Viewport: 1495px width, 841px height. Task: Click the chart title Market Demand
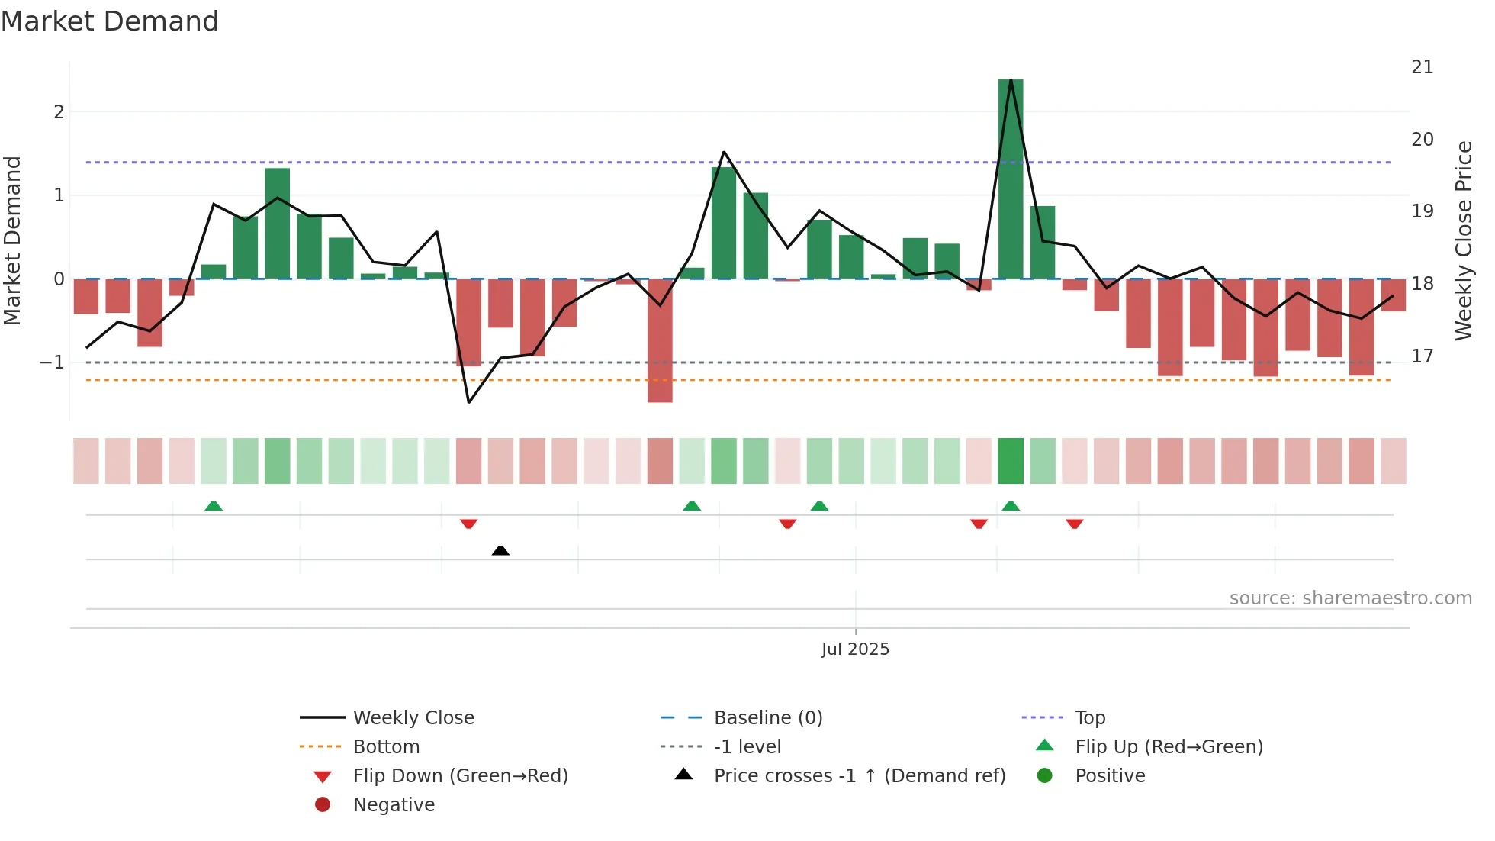tap(110, 21)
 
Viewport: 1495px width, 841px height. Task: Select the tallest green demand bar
tap(1011, 179)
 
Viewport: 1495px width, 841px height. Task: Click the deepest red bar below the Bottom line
tap(660, 340)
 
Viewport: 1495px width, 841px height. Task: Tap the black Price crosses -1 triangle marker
tap(500, 550)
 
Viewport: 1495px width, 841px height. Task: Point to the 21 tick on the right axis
tap(1422, 67)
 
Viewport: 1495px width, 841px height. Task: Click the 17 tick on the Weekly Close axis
tap(1422, 356)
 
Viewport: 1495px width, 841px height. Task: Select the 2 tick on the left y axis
tap(59, 112)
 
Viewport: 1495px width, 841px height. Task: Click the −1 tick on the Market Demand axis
tap(53, 362)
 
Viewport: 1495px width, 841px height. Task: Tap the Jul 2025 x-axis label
tap(855, 649)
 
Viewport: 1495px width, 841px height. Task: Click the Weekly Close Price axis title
tap(1463, 240)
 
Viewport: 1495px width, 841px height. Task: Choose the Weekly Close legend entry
tap(413, 718)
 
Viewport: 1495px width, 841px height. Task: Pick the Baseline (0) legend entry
tap(767, 718)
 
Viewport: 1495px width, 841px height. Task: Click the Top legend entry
tap(1089, 718)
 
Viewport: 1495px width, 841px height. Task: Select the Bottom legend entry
tap(386, 747)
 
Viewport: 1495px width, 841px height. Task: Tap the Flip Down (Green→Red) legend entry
tap(460, 776)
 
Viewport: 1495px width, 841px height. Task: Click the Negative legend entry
tap(394, 805)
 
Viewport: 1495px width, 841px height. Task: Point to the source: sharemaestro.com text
tap(1350, 598)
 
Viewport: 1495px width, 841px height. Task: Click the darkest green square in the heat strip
tap(1011, 461)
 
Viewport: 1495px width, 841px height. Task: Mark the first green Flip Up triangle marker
tap(214, 506)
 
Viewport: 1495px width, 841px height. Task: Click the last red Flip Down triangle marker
tap(1074, 524)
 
